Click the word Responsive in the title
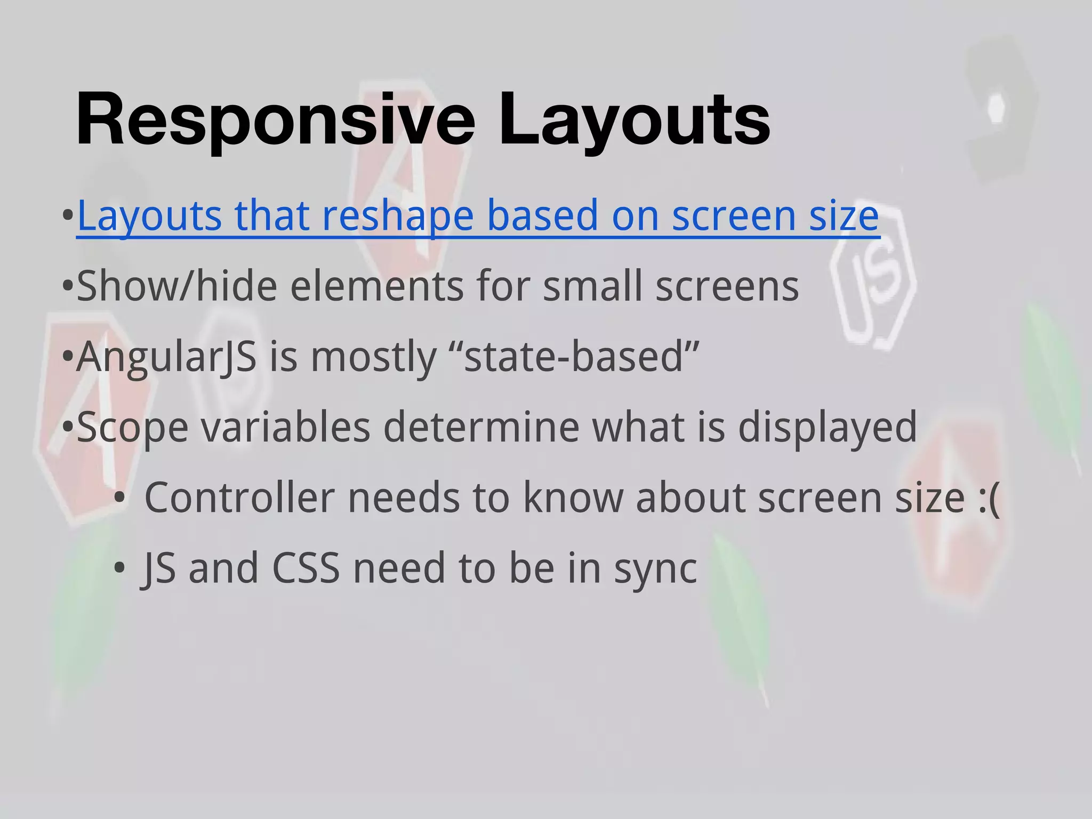pos(275,119)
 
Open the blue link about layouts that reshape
pos(478,216)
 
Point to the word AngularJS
pos(166,357)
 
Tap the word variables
pos(285,427)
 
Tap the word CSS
pos(306,568)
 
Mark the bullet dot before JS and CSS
pos(119,568)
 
